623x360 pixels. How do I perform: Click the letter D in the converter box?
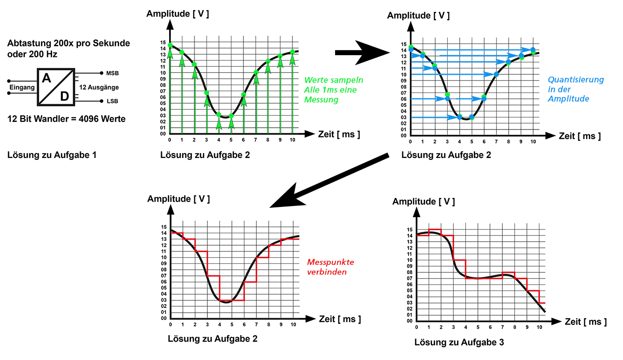coord(65,96)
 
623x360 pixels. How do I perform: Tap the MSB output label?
coord(113,73)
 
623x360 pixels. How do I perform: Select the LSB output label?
coord(112,101)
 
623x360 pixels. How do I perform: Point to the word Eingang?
coord(22,87)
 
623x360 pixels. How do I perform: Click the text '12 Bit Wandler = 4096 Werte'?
coord(66,119)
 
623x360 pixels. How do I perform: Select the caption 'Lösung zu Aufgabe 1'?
coord(52,155)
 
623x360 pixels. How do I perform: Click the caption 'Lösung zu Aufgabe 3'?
coord(459,342)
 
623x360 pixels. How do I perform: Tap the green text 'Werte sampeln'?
coord(333,80)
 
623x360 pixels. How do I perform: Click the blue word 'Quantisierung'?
coord(575,80)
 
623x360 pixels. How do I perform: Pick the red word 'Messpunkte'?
coord(331,262)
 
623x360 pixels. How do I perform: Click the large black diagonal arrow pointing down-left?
coord(329,180)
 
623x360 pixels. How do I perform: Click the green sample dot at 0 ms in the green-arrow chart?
coord(170,45)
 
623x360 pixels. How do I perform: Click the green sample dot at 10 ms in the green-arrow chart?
coord(292,52)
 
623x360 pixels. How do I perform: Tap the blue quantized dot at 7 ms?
coord(496,74)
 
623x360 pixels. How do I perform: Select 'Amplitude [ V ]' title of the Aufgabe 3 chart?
coord(423,202)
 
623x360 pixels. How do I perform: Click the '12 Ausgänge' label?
coord(99,88)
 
